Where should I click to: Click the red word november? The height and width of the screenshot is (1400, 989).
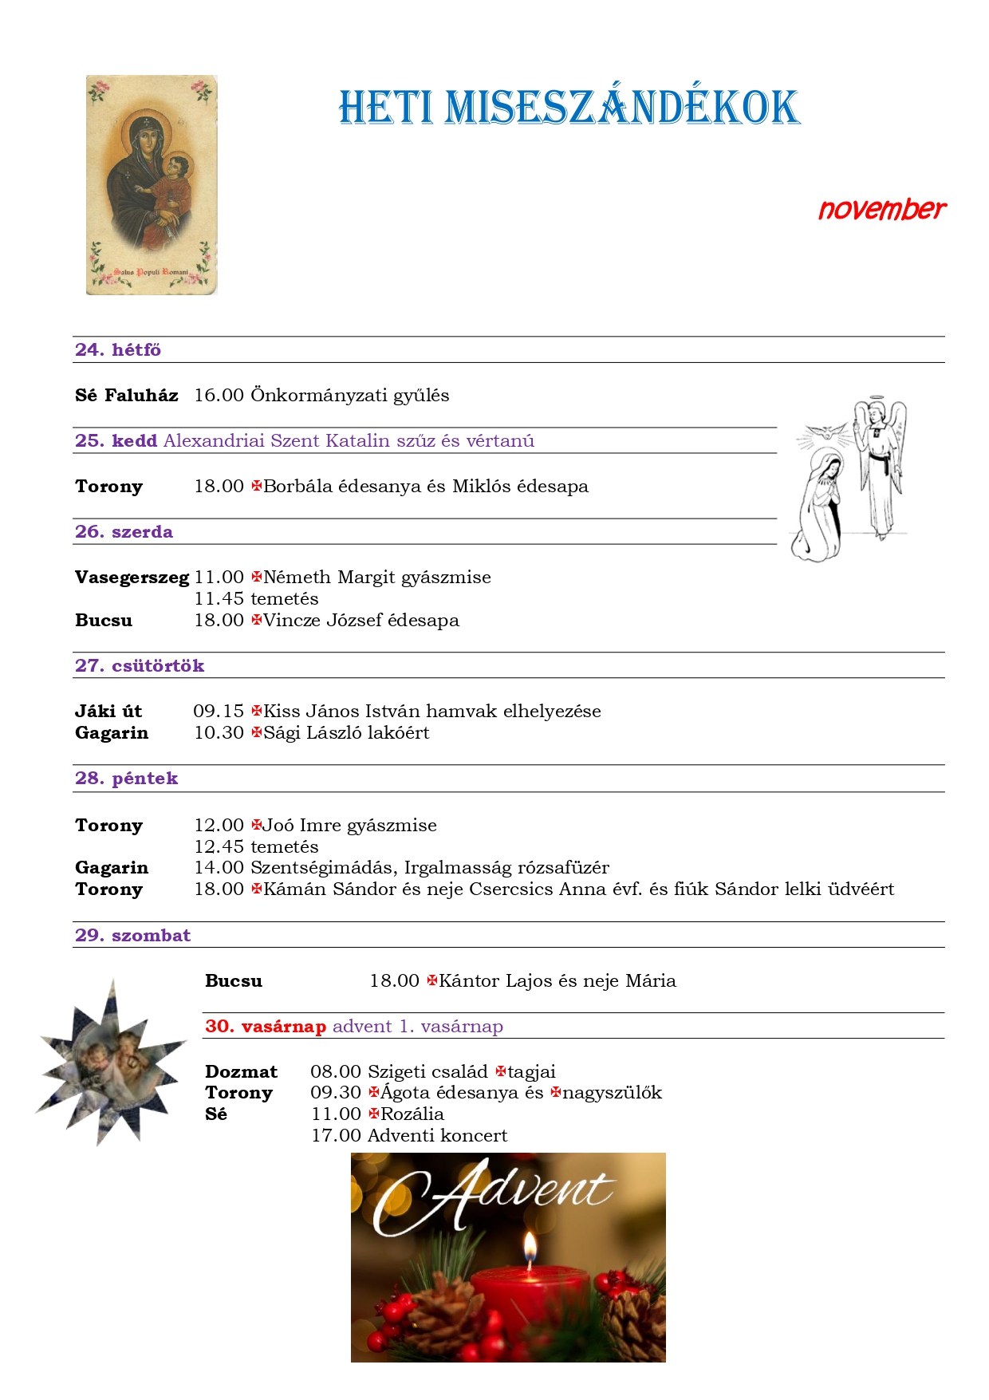pyautogui.click(x=881, y=210)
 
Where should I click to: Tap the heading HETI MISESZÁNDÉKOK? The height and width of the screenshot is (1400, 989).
pyautogui.click(x=569, y=108)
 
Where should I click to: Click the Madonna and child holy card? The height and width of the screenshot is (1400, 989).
pyautogui.click(x=152, y=185)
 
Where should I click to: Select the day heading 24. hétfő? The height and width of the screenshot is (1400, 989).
pyautogui.click(x=118, y=349)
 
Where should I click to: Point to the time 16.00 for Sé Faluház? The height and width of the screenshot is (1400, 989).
pyautogui.click(x=219, y=396)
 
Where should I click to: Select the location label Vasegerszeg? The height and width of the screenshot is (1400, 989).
pyautogui.click(x=132, y=578)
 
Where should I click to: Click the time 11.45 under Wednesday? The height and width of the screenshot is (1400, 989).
pyautogui.click(x=219, y=599)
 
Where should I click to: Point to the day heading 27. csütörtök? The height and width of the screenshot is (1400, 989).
pyautogui.click(x=140, y=666)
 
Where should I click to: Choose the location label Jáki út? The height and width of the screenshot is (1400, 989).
pyautogui.click(x=108, y=712)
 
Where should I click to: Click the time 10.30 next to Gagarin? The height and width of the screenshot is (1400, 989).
pyautogui.click(x=219, y=733)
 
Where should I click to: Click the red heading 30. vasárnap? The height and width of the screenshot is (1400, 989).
pyautogui.click(x=266, y=1027)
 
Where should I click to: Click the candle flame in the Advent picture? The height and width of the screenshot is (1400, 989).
pyautogui.click(x=529, y=1249)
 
